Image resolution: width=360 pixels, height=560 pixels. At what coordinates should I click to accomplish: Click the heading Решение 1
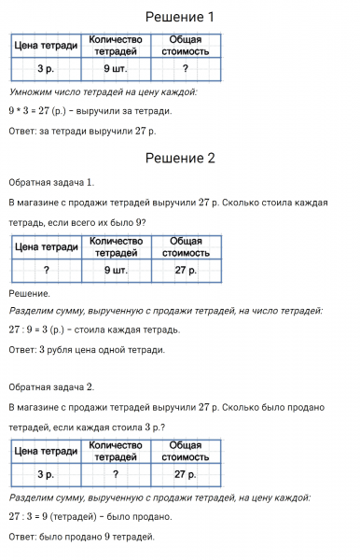click(x=180, y=18)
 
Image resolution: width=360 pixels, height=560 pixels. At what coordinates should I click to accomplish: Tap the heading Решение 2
click(x=180, y=158)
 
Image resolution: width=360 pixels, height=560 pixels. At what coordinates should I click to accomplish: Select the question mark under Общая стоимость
click(x=186, y=70)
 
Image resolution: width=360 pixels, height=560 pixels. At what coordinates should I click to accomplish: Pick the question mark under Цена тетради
click(x=46, y=271)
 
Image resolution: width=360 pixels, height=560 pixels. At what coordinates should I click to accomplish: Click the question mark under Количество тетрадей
click(x=115, y=474)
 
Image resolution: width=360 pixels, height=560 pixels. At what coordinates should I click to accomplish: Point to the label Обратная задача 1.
click(x=51, y=182)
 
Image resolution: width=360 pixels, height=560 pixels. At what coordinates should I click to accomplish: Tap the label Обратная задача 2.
click(x=51, y=385)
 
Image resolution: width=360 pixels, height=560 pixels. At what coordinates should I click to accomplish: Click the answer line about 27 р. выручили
click(x=82, y=131)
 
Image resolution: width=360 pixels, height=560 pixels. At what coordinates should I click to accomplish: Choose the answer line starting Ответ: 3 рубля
click(x=87, y=350)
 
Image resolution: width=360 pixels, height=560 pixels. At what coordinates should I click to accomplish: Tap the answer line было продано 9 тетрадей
click(x=81, y=537)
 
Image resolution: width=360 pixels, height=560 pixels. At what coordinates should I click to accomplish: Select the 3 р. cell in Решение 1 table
click(x=46, y=70)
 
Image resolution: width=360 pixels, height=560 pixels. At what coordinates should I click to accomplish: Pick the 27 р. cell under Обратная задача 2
click(x=186, y=474)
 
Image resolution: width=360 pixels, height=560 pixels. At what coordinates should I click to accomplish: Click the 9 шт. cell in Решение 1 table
click(x=115, y=70)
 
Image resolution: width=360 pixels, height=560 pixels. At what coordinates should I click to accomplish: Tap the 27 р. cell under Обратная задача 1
click(x=186, y=271)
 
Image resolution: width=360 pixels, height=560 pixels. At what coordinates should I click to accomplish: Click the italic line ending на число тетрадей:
click(x=166, y=310)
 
